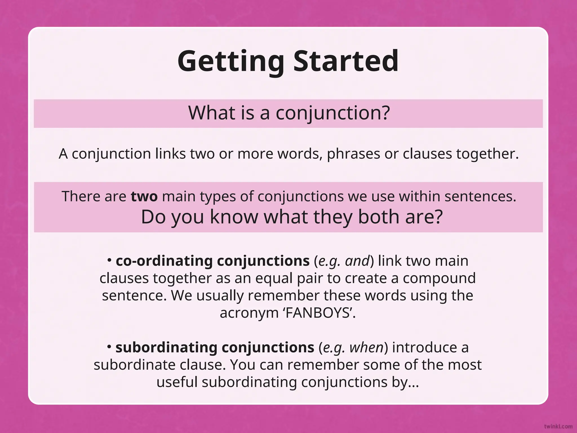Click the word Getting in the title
(x=230, y=61)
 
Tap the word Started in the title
(x=346, y=61)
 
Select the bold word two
(x=144, y=196)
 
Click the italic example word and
(x=357, y=261)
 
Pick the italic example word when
(x=366, y=347)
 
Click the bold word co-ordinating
(x=164, y=261)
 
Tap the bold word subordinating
(x=166, y=347)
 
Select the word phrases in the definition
(x=353, y=154)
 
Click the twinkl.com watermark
(x=558, y=426)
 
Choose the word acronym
(x=249, y=313)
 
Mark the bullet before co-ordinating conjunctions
(x=110, y=260)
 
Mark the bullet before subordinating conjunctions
(x=110, y=347)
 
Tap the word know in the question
(x=234, y=217)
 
